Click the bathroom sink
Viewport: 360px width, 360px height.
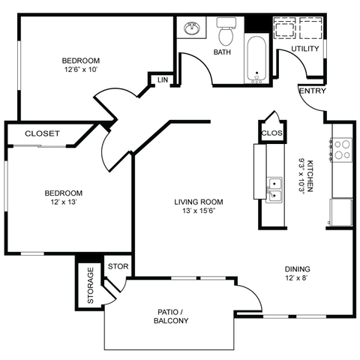192,29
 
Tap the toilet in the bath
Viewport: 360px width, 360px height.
226,34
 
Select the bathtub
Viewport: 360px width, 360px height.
256,58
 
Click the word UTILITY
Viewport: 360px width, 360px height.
304,49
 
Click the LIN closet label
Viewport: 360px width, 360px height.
162,80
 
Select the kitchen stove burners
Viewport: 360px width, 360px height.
342,150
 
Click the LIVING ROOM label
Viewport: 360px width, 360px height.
199,202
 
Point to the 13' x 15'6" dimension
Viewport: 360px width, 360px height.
199,213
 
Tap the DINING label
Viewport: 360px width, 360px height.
297,269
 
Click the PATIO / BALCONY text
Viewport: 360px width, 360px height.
172,316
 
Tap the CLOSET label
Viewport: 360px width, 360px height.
42,133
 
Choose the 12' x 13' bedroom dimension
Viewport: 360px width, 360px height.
64,202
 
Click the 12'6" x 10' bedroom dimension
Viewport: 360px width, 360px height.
81,70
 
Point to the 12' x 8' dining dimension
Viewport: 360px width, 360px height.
297,279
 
